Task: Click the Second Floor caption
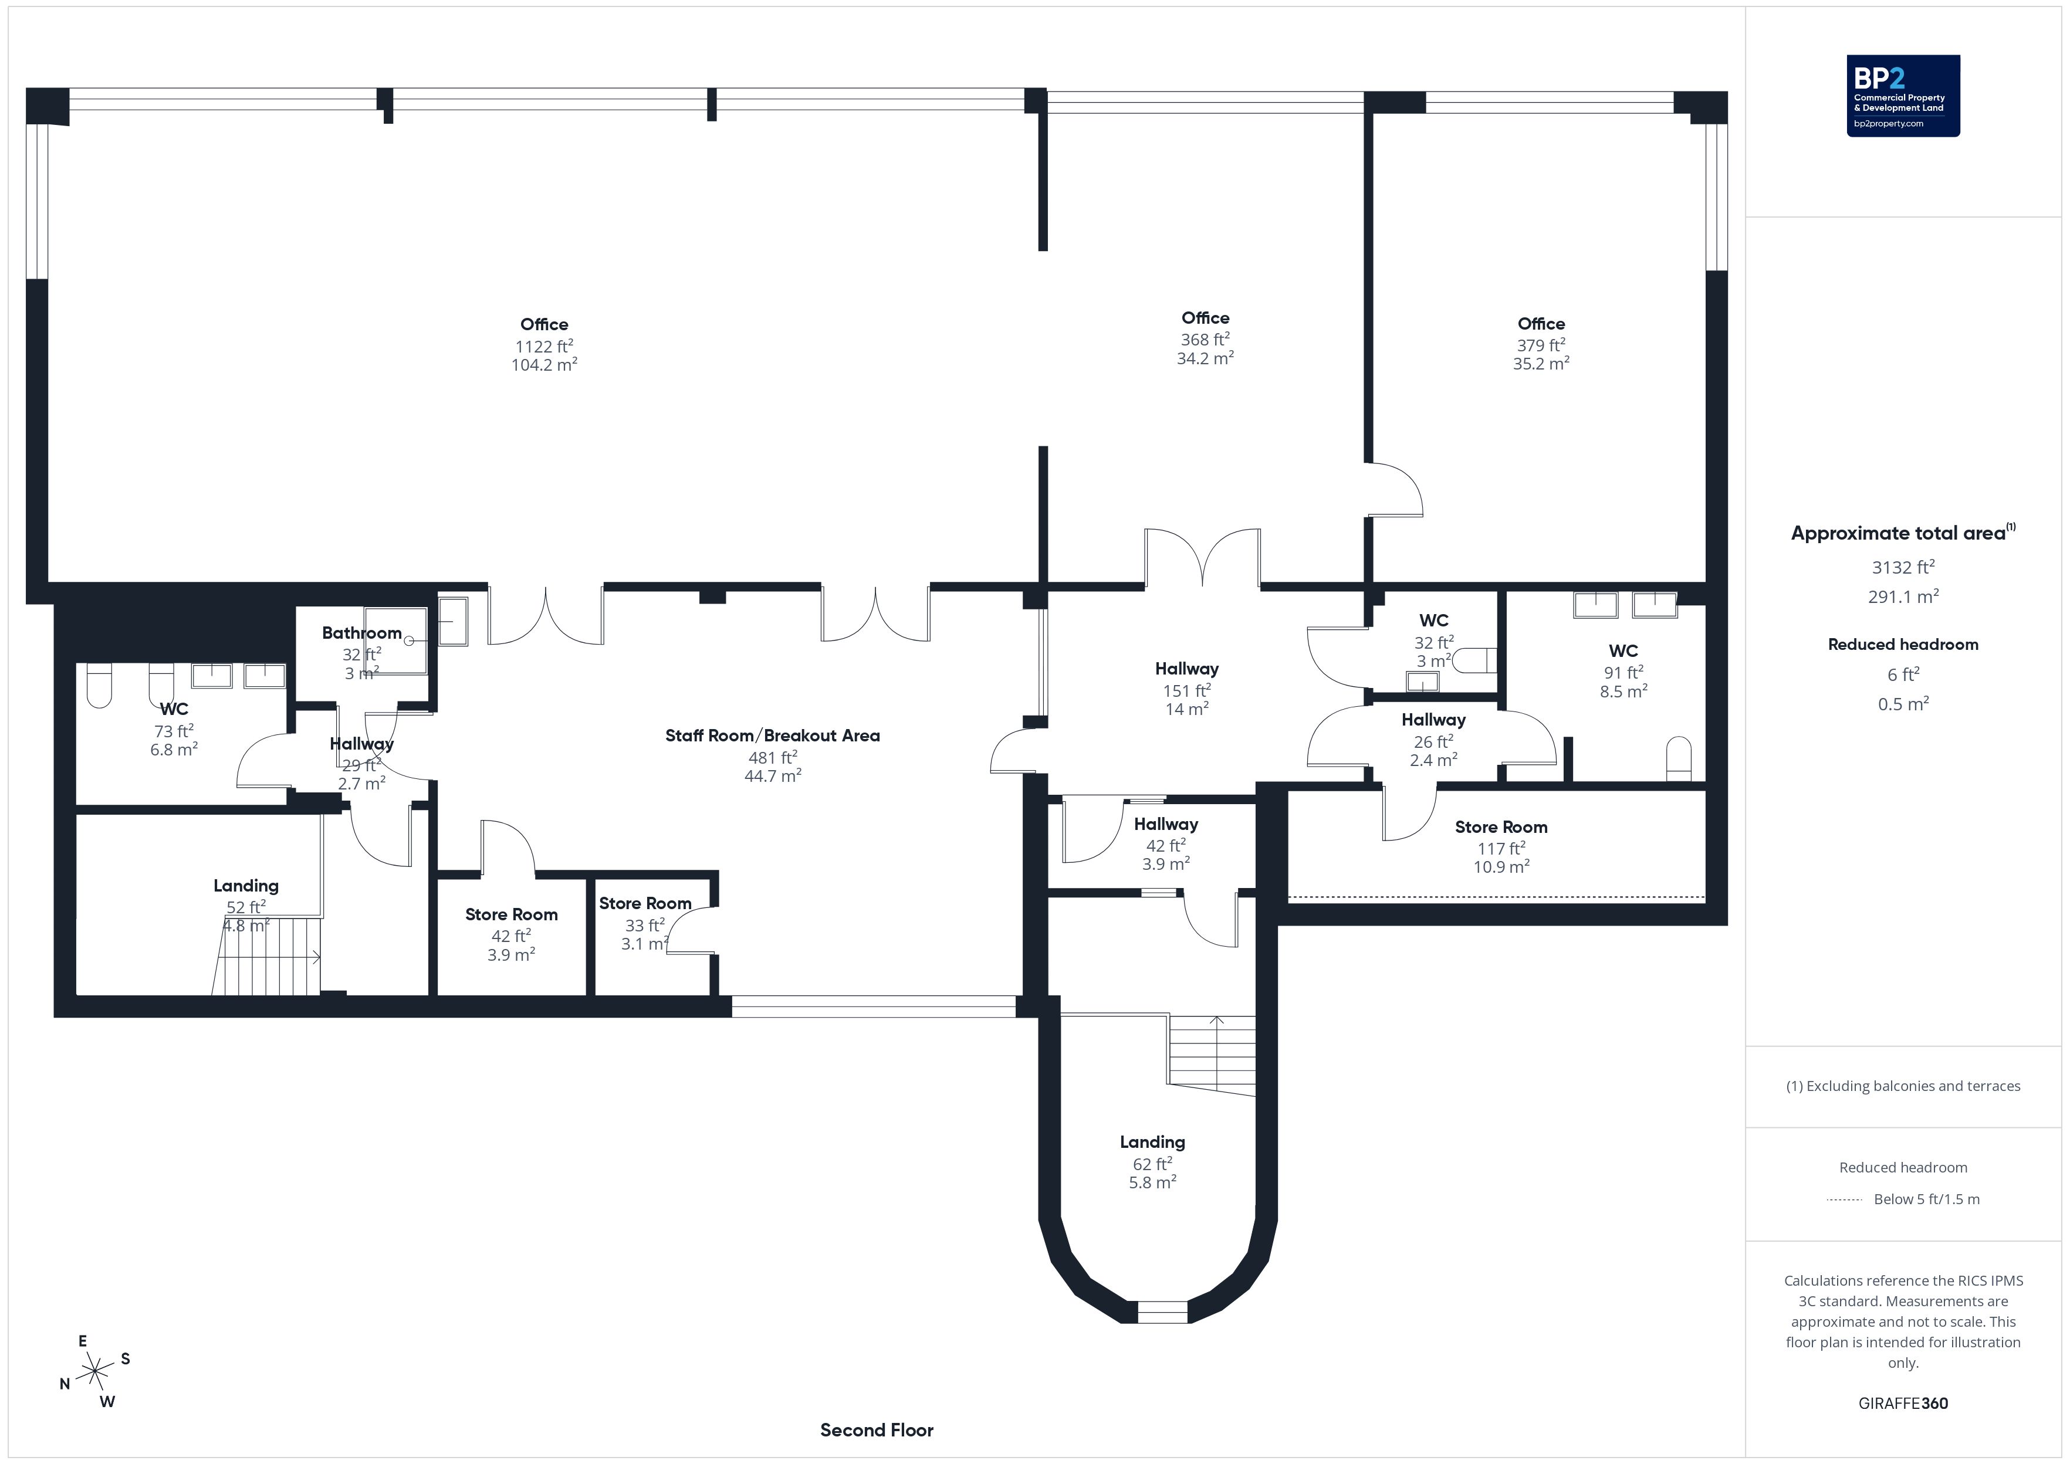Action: click(x=877, y=1430)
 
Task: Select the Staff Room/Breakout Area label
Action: click(x=773, y=736)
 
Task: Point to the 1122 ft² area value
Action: click(x=544, y=346)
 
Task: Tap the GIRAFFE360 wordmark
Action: click(x=1903, y=1402)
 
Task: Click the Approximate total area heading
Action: click(x=1902, y=533)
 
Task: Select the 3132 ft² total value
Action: click(x=1903, y=567)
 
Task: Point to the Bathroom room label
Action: click(x=361, y=633)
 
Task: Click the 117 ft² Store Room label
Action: click(x=1501, y=826)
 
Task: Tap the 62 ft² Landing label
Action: click(x=1152, y=1142)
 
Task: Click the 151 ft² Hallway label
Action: click(x=1186, y=669)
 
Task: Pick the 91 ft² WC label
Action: click(x=1623, y=651)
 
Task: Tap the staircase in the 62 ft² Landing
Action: click(x=1213, y=1055)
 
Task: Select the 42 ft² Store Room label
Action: click(x=511, y=914)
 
